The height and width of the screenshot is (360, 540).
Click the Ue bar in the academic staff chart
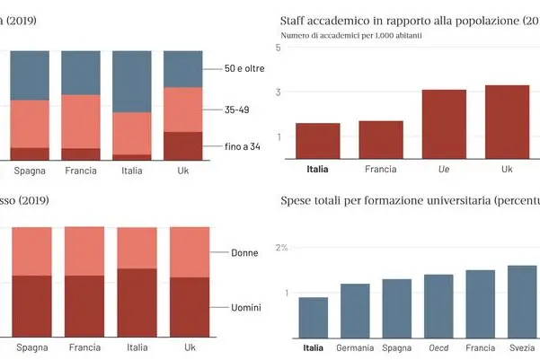click(x=444, y=124)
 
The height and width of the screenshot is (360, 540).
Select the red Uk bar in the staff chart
click(x=508, y=122)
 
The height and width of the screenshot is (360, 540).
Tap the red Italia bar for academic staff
click(x=317, y=141)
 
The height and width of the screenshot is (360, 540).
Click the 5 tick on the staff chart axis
click(x=279, y=46)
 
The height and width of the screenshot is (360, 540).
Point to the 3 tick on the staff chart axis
click(x=279, y=92)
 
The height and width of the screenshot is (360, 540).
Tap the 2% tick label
click(x=281, y=247)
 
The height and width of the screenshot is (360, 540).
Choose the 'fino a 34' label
click(x=243, y=146)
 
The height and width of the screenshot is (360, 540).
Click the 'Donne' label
click(x=244, y=252)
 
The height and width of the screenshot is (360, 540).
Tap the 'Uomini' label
click(x=244, y=308)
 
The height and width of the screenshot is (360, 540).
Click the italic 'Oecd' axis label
click(x=438, y=348)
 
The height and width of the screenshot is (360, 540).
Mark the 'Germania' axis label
click(x=355, y=348)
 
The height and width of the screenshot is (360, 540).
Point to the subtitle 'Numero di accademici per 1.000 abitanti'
click(x=351, y=36)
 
